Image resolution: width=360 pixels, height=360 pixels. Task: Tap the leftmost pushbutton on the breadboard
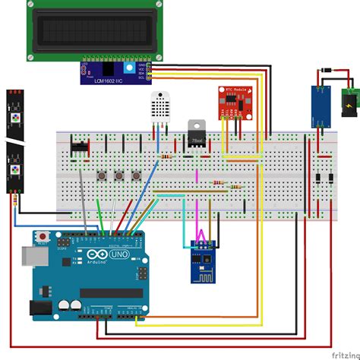pos(102,176)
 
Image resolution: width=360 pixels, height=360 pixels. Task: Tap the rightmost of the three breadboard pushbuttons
pos(137,176)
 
